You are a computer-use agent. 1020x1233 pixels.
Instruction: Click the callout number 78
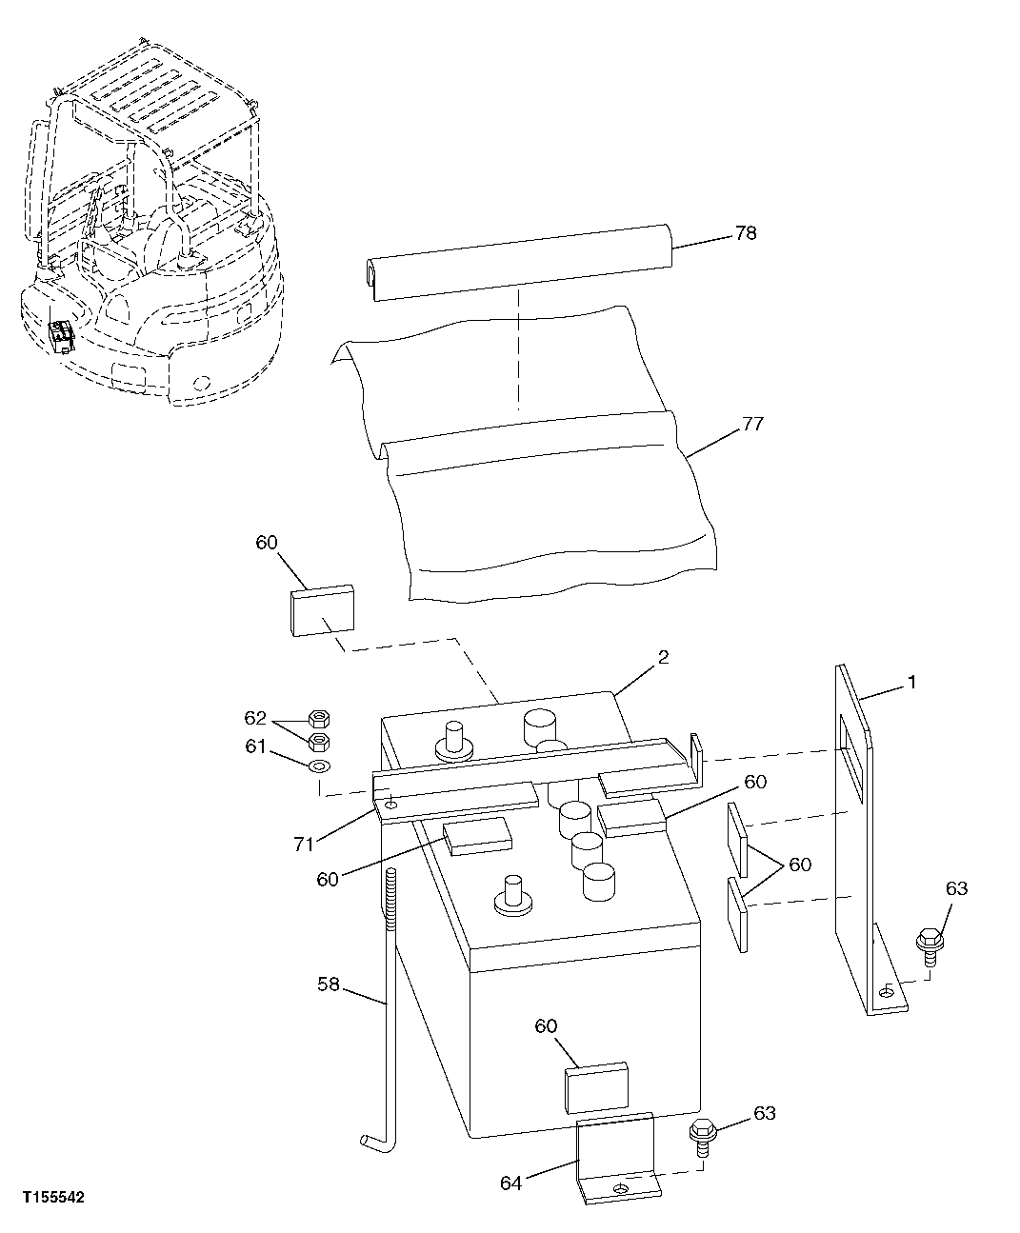click(x=746, y=233)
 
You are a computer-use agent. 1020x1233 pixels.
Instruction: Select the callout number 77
click(x=752, y=425)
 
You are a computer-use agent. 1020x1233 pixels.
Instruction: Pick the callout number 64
click(x=511, y=1183)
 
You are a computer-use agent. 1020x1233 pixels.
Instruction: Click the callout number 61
click(x=255, y=746)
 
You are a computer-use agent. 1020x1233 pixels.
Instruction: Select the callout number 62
click(x=255, y=718)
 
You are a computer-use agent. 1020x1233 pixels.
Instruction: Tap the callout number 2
click(x=663, y=658)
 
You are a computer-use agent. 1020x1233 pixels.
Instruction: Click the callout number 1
click(x=911, y=683)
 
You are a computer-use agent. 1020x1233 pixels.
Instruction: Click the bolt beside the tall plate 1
click(x=928, y=942)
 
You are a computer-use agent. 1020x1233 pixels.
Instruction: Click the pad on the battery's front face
click(x=596, y=1088)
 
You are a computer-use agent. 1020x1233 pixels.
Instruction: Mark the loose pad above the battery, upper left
click(x=321, y=610)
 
